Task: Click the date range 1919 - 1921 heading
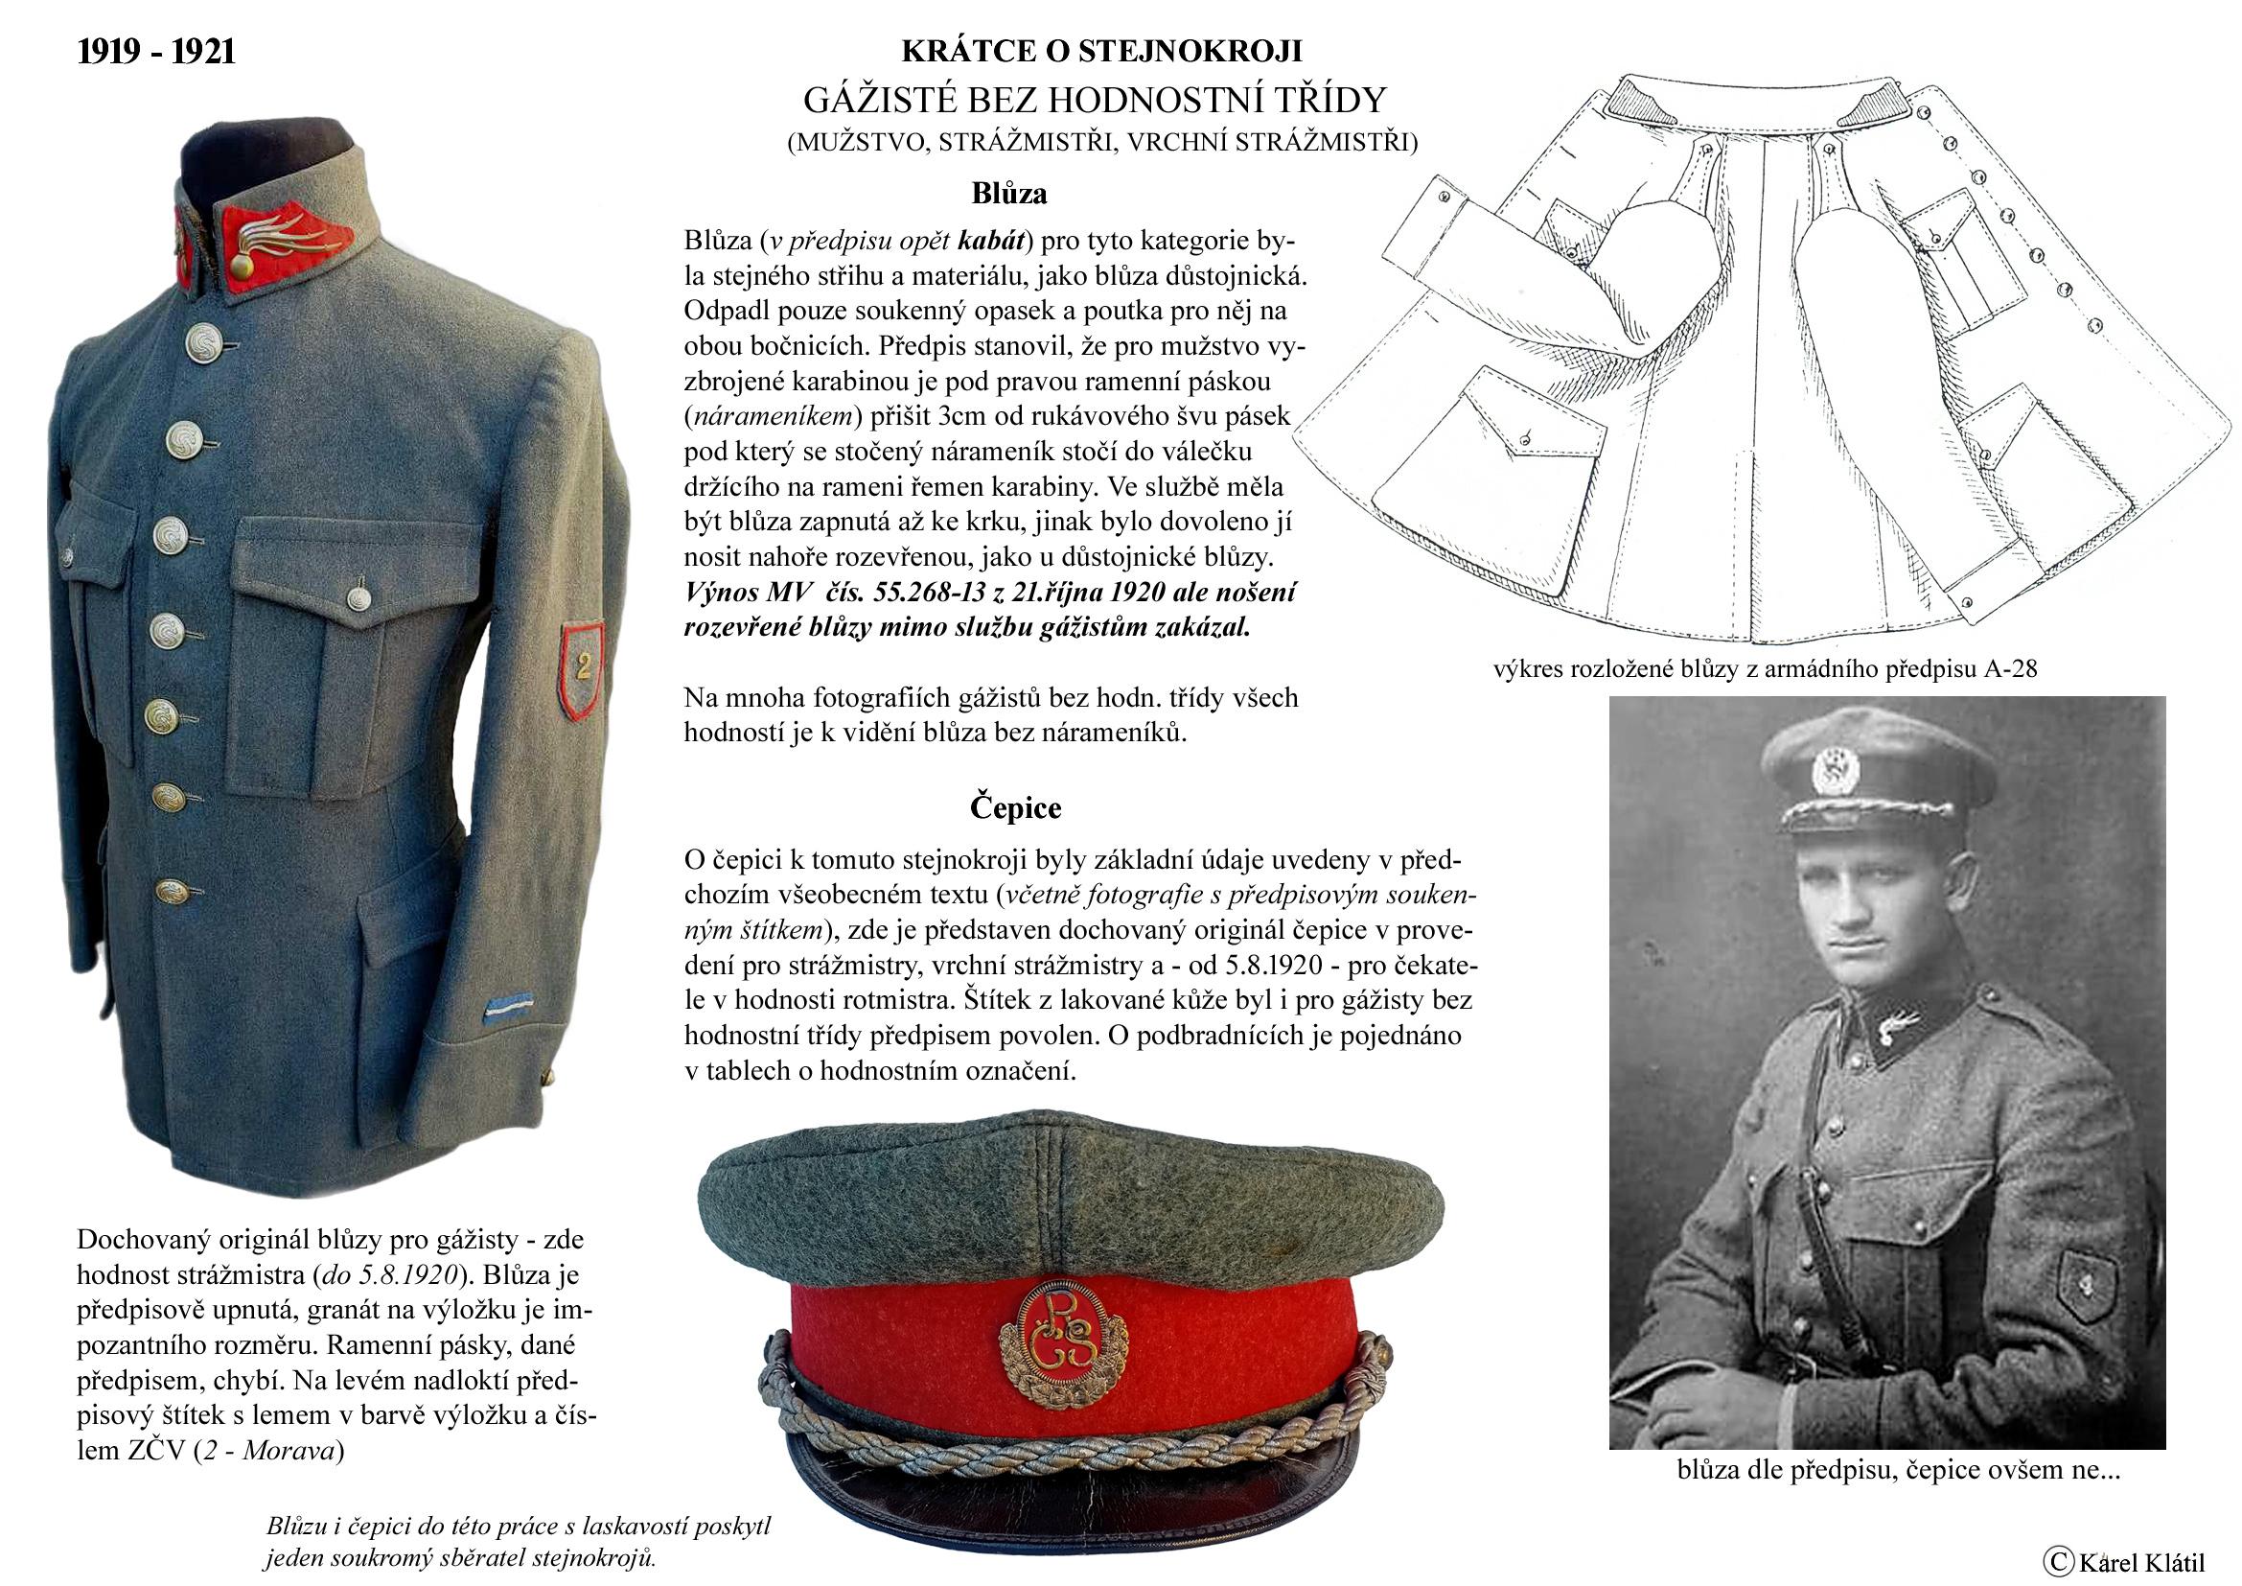(156, 52)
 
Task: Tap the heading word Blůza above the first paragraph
(1008, 194)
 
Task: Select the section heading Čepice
(1015, 807)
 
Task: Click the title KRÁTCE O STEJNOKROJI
(1100, 51)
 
